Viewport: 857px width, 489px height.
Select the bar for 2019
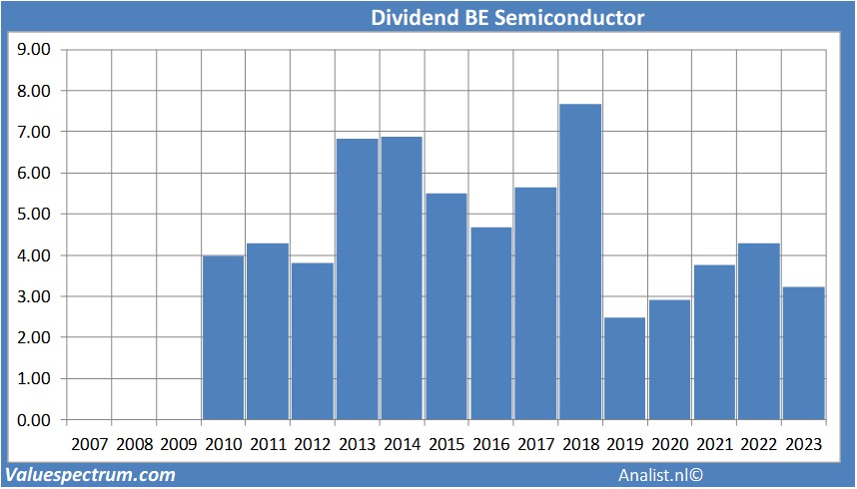click(625, 368)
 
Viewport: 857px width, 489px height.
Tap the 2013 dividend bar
click(357, 278)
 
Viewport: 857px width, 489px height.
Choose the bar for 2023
click(804, 353)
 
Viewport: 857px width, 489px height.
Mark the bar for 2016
click(491, 323)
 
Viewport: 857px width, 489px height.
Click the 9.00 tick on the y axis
click(34, 49)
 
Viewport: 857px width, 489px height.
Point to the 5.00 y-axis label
click(34, 214)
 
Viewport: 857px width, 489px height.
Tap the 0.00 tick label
click(34, 420)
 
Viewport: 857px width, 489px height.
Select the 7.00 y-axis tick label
click(34, 132)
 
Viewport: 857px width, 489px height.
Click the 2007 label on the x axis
click(89, 443)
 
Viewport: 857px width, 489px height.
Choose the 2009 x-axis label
click(178, 443)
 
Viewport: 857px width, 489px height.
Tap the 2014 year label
click(402, 443)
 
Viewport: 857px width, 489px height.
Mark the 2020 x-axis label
click(669, 443)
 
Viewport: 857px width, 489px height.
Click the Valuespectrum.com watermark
click(91, 475)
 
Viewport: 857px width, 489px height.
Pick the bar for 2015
click(446, 306)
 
